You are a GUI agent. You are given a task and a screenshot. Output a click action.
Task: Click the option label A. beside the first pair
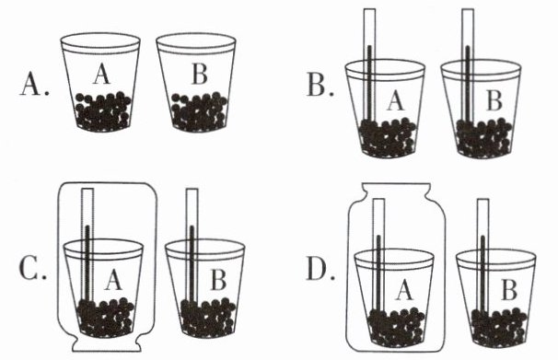coord(34,86)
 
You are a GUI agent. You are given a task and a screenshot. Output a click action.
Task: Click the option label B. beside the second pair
coord(320,86)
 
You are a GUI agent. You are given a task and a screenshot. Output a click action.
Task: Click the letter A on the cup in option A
coord(102,75)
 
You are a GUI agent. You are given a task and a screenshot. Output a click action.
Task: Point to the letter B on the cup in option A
coord(199,75)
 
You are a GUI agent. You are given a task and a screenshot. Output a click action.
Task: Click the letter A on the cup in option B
coord(396,100)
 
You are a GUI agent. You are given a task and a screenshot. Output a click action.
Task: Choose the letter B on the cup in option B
coord(494,100)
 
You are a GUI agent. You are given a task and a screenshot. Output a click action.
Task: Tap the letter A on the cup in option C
coord(113,280)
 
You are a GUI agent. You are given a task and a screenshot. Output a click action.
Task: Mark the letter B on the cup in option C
coord(218,280)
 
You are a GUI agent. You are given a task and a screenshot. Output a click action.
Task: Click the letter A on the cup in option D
coord(404,290)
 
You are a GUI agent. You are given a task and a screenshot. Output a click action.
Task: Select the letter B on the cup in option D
coord(509,290)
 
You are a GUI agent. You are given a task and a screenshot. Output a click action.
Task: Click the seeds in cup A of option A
coord(102,111)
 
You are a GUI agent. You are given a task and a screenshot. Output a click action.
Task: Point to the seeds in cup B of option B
coord(484,138)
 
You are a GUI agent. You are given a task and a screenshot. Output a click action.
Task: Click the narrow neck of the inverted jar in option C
coord(105,344)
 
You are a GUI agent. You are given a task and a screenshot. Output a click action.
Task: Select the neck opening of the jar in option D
coord(396,188)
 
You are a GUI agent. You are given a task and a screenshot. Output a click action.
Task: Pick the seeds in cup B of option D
coord(499,327)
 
